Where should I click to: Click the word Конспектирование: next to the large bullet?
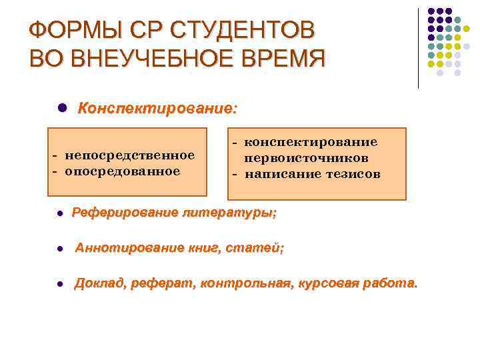pyautogui.click(x=157, y=108)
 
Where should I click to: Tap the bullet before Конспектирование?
pyautogui.click(x=61, y=107)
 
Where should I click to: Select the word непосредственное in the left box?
pyautogui.click(x=129, y=155)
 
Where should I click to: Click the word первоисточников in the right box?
pyautogui.click(x=306, y=159)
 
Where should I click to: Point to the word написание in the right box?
pyautogui.click(x=277, y=175)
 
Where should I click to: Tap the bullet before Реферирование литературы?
pyautogui.click(x=60, y=214)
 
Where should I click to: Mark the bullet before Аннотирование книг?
pyautogui.click(x=60, y=249)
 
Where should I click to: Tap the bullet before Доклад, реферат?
pyautogui.click(x=60, y=284)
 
